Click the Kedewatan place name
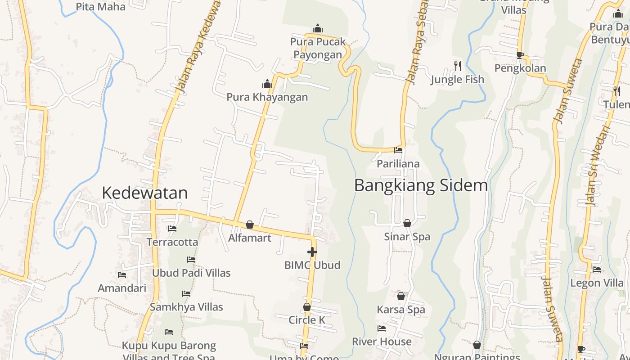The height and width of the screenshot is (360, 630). (x=144, y=193)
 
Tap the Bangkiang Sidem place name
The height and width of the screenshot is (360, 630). (x=421, y=185)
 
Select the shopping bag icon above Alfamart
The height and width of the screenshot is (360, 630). (x=250, y=225)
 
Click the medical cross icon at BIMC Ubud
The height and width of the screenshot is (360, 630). (x=312, y=252)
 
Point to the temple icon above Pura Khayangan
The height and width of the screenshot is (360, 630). (x=267, y=84)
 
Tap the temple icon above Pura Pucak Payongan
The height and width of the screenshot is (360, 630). (x=318, y=28)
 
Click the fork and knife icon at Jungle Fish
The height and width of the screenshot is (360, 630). (x=458, y=66)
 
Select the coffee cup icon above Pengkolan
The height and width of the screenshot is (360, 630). (x=520, y=55)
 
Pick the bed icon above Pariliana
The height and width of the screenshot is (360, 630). (x=398, y=150)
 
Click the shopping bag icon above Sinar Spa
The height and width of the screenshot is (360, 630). (x=407, y=223)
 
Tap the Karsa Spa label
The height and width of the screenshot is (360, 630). (x=401, y=310)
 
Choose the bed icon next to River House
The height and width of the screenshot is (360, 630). (x=382, y=328)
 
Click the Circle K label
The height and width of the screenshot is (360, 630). (x=307, y=320)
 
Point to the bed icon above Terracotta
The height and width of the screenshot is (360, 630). (x=172, y=229)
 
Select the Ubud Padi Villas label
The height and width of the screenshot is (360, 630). (x=191, y=273)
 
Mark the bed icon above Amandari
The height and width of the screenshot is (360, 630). (x=122, y=275)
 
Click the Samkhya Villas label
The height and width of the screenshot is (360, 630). (x=186, y=307)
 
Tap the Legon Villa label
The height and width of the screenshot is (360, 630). (x=597, y=283)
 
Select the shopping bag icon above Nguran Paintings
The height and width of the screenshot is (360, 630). (x=477, y=345)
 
